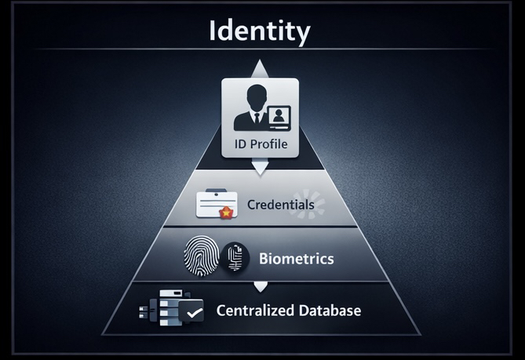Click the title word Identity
(260, 31)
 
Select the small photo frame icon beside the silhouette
(279, 118)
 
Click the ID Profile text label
(261, 144)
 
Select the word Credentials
(281, 205)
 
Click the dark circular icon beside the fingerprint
(235, 257)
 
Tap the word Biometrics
(296, 258)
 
